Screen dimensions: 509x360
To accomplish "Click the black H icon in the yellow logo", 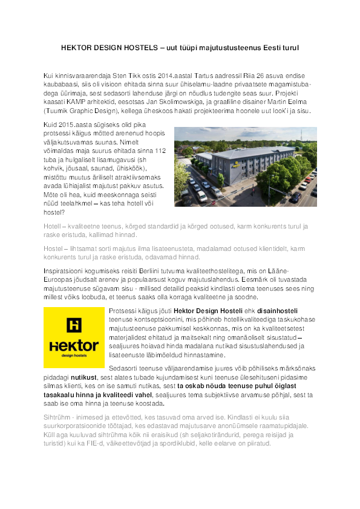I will click(74, 325).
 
